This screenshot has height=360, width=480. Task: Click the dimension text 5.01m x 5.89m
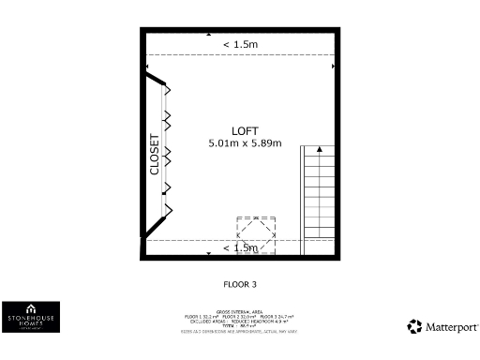tap(245, 143)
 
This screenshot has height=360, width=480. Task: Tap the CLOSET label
tap(156, 154)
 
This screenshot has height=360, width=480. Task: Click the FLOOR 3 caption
tap(240, 282)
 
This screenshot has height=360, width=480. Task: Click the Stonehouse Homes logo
tap(31, 316)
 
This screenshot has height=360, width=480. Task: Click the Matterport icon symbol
tap(414, 326)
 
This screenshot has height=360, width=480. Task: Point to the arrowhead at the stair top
tap(320, 149)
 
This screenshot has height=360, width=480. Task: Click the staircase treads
tap(317, 197)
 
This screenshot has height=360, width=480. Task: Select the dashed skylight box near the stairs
tap(256, 234)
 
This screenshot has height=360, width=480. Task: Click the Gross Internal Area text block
tap(239, 320)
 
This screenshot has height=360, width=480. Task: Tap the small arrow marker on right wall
tap(333, 67)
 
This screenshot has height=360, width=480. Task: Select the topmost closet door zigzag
tap(168, 89)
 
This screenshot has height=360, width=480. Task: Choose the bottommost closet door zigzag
tap(169, 208)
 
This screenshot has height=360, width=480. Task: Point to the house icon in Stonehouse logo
tap(31, 307)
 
